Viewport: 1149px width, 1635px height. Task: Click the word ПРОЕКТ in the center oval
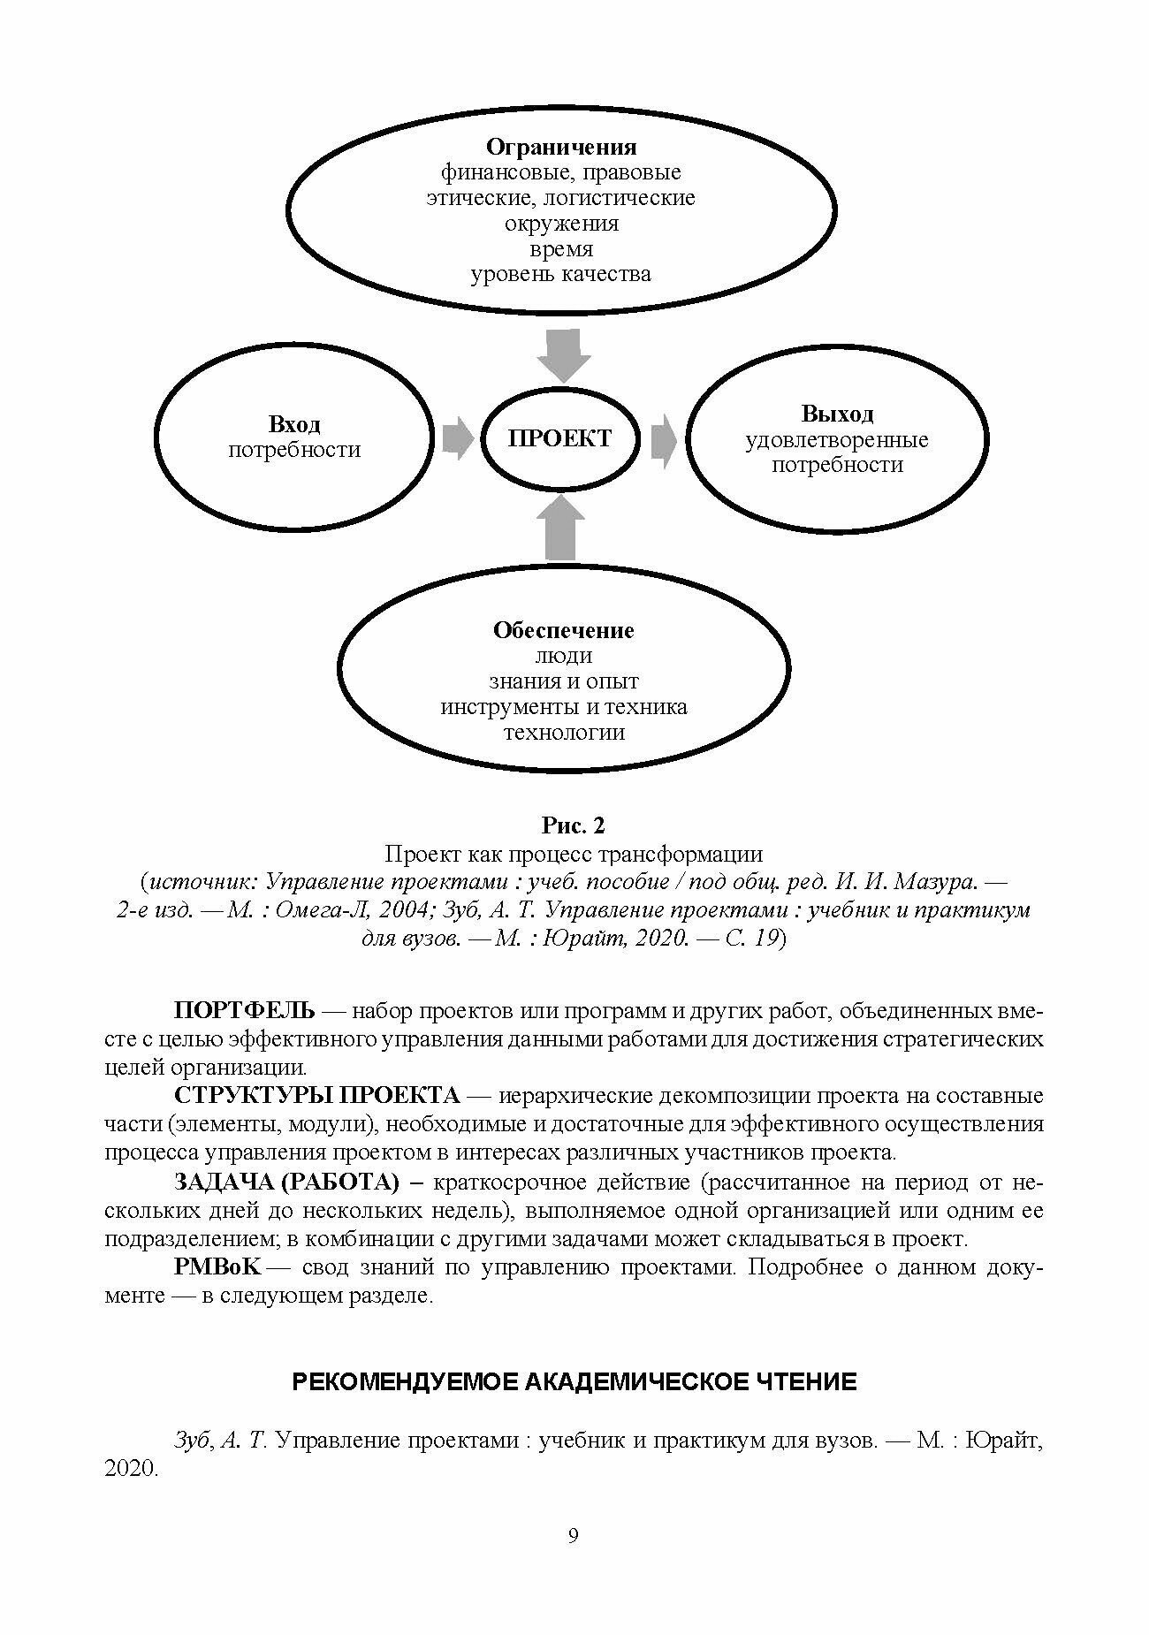pyautogui.click(x=560, y=439)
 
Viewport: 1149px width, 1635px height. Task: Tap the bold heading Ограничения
pyautogui.click(x=561, y=146)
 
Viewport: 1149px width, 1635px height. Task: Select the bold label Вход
pyautogui.click(x=294, y=425)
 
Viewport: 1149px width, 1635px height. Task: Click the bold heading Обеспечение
pyautogui.click(x=563, y=630)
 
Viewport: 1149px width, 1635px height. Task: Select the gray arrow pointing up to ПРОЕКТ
pyautogui.click(x=563, y=527)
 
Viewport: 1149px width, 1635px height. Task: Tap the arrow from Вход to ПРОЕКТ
pyautogui.click(x=457, y=439)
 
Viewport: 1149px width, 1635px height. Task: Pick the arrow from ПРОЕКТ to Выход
pyautogui.click(x=664, y=439)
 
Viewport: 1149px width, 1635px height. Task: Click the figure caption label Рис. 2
pyautogui.click(x=573, y=825)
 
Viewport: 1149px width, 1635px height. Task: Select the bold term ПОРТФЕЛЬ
pyautogui.click(x=244, y=1010)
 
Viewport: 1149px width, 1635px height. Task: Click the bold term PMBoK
pyautogui.click(x=217, y=1267)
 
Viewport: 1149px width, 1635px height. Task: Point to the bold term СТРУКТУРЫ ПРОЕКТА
pyautogui.click(x=317, y=1096)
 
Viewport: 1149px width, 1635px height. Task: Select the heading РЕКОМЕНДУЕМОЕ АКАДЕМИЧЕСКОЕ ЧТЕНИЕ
pyautogui.click(x=574, y=1382)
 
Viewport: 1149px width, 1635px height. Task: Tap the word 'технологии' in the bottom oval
pyautogui.click(x=563, y=733)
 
